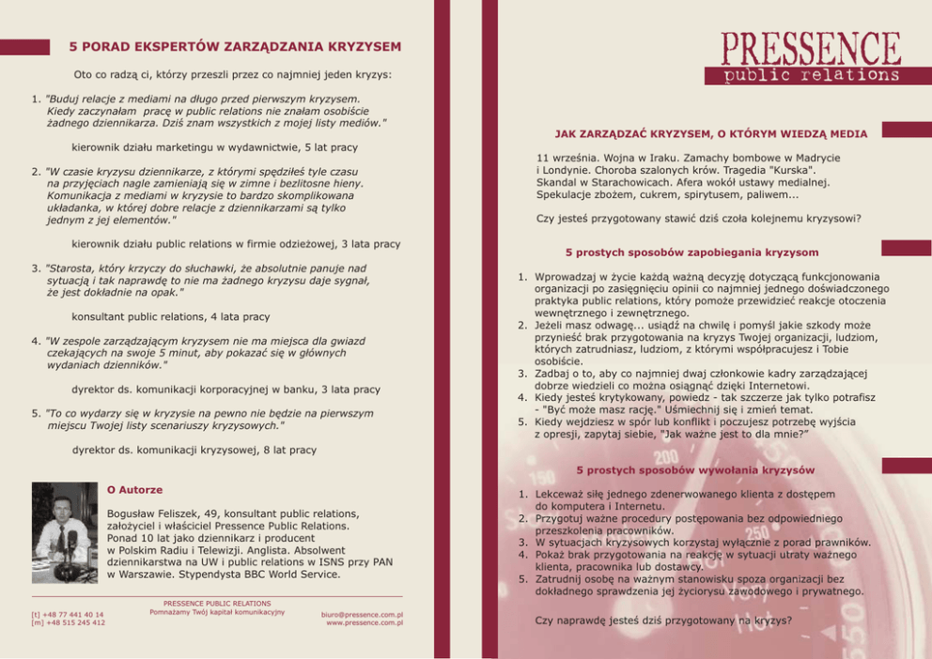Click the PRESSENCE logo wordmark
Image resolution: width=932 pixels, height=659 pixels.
[811, 47]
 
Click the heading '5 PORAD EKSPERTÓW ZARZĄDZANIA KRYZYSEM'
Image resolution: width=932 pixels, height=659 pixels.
[235, 46]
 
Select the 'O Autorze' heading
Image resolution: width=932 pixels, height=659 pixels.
[135, 490]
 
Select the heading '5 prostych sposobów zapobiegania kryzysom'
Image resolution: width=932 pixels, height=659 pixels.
[691, 253]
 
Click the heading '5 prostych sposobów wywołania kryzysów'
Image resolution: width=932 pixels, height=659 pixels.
[695, 469]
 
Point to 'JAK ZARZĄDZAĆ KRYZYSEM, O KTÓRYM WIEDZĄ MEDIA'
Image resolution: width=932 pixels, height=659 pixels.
[710, 133]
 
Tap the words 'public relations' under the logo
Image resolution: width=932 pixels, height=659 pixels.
[811, 75]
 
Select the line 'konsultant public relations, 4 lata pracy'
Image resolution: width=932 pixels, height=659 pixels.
[170, 317]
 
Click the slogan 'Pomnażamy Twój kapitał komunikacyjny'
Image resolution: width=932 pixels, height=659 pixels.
[217, 612]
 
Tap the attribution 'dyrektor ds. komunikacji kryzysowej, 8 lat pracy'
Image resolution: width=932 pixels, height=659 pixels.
[194, 450]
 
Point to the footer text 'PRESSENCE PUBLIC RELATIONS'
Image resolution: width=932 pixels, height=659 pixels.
[217, 604]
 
